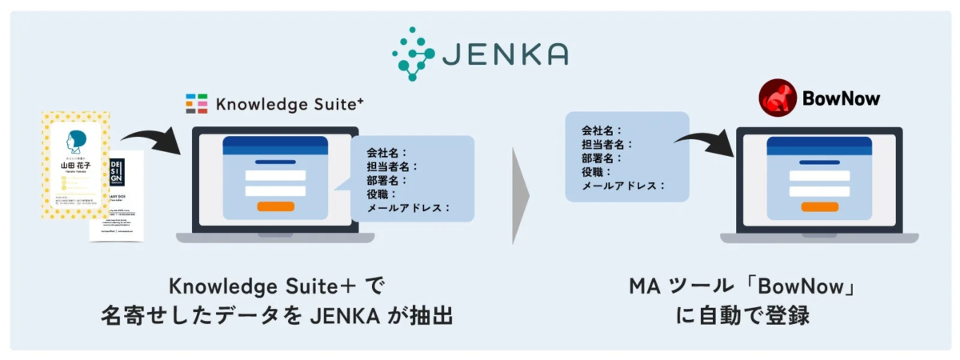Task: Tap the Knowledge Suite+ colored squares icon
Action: pos(196,104)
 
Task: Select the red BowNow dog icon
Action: pos(776,98)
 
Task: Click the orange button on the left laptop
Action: pos(275,206)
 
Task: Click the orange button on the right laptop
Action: pos(819,206)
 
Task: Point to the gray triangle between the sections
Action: pos(522,196)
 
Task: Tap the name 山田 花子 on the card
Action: pos(76,166)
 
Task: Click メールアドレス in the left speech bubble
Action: pos(407,207)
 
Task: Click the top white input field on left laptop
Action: pos(275,176)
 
